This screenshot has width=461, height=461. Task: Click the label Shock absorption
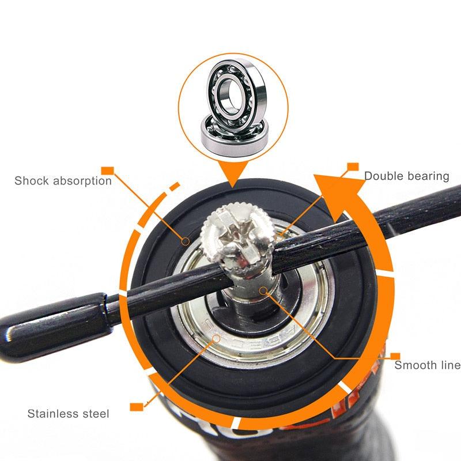click(x=63, y=180)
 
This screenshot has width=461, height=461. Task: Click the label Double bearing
click(x=406, y=176)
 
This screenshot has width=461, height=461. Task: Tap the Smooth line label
click(x=427, y=365)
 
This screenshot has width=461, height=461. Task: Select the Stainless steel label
click(x=68, y=413)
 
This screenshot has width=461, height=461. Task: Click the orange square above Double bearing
click(x=352, y=167)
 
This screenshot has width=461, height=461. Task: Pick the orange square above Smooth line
click(x=395, y=356)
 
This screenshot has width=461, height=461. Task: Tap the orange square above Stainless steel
click(x=136, y=407)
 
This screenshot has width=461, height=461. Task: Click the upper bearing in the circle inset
click(x=233, y=92)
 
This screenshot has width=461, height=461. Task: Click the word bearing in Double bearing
click(x=427, y=176)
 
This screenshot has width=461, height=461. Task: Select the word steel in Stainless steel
click(x=95, y=413)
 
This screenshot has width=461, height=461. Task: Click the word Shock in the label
click(x=32, y=180)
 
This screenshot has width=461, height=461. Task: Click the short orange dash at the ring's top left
click(x=175, y=187)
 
